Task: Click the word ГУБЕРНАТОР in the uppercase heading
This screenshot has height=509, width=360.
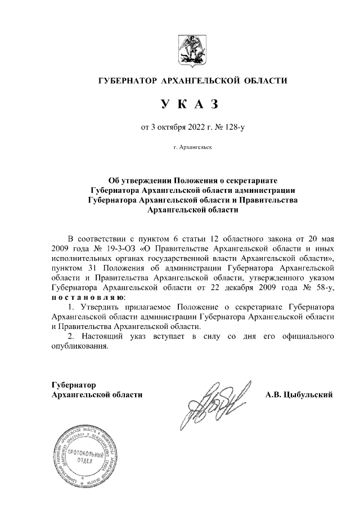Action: pos(128,81)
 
